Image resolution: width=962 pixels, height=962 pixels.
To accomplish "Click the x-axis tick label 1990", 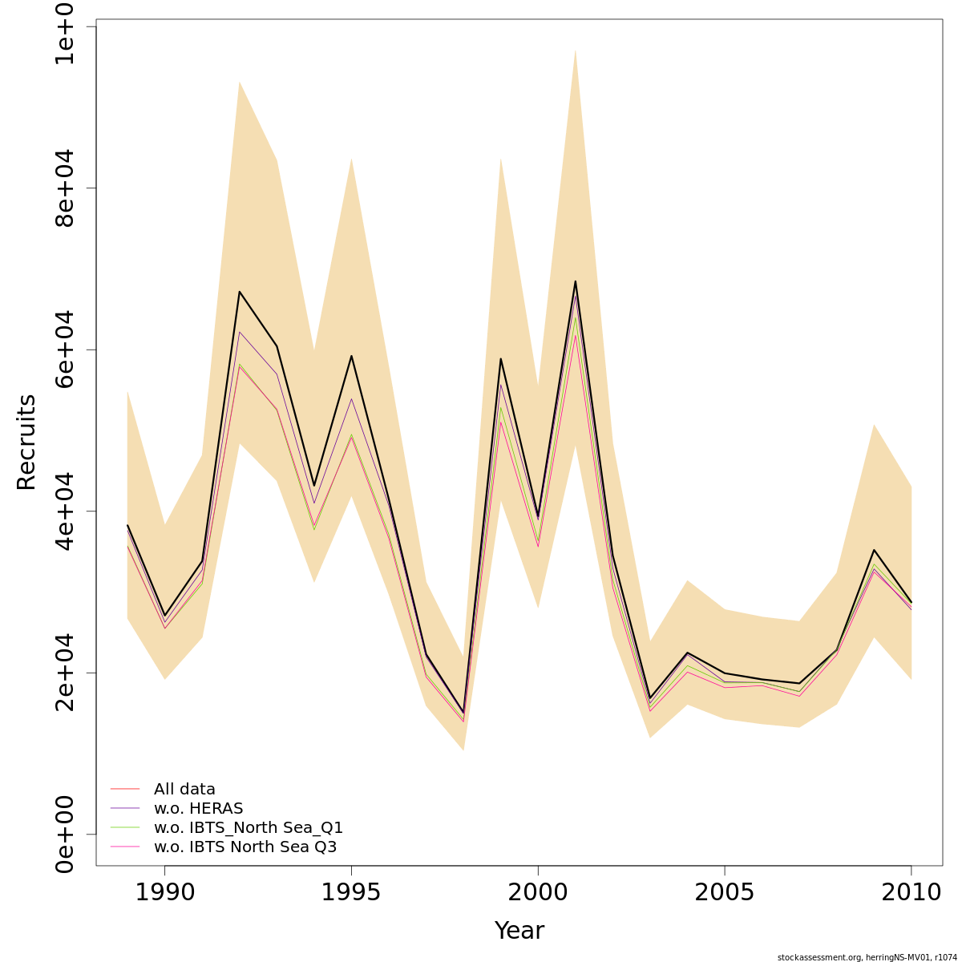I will (x=164, y=892).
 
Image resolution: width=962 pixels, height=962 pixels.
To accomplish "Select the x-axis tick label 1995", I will (x=351, y=892).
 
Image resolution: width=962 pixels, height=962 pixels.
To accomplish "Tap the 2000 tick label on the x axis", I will (x=538, y=892).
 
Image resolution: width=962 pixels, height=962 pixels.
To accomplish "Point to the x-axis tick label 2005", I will (x=725, y=892).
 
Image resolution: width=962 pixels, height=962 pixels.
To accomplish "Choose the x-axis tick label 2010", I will (x=911, y=892).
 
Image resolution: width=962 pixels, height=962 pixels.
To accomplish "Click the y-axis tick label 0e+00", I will (x=65, y=834).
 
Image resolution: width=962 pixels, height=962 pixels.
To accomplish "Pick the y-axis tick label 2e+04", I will (x=65, y=672).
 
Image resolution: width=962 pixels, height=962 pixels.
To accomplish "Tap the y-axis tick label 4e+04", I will (x=65, y=511).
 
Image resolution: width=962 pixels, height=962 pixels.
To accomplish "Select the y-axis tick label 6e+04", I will (x=65, y=350).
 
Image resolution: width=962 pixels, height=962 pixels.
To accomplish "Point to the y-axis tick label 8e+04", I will (x=65, y=188).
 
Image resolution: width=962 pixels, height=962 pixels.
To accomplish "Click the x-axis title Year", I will (x=519, y=931).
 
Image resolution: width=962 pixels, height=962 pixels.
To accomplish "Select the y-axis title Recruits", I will (x=26, y=442).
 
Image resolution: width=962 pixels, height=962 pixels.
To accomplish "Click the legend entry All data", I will (x=184, y=790).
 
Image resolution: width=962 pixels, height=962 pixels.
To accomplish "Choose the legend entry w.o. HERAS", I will (x=198, y=809).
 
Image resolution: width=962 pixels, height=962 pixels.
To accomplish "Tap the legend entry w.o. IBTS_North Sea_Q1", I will (x=249, y=828).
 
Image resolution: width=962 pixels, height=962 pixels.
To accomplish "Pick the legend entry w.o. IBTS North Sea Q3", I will (x=245, y=847).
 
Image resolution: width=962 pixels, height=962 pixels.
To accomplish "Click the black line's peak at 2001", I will (x=575, y=281).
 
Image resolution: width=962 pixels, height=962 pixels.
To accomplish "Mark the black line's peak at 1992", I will (x=239, y=291).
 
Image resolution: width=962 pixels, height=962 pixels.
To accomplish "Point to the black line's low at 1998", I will (x=463, y=712).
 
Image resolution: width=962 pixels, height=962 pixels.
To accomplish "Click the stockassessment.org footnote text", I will (x=867, y=957).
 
